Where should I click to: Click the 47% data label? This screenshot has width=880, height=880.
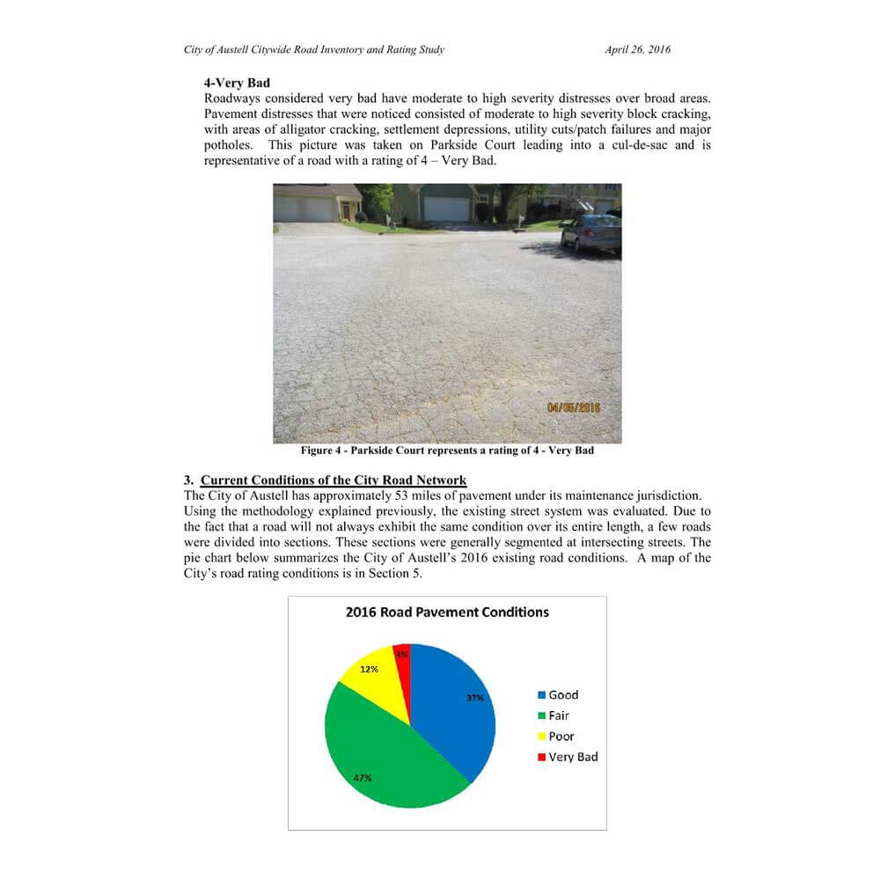click(363, 778)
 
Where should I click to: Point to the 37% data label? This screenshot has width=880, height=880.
click(475, 698)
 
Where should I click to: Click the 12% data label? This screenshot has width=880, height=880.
click(370, 669)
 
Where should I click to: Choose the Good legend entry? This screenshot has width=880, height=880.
click(558, 695)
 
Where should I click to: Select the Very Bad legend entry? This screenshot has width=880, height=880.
click(568, 757)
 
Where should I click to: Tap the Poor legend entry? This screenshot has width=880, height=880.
click(556, 737)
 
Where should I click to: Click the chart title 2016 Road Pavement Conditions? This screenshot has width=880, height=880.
click(447, 612)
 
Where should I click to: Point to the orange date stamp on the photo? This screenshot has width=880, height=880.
click(573, 408)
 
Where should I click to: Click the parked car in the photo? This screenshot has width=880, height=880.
click(591, 232)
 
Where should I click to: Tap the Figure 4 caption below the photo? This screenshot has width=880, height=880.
click(447, 451)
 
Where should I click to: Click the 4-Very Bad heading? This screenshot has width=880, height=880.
click(237, 83)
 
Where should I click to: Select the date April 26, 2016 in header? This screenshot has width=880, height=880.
click(637, 50)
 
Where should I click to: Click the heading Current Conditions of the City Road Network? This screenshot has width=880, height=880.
click(334, 480)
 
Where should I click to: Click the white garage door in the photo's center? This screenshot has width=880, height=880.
click(446, 209)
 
